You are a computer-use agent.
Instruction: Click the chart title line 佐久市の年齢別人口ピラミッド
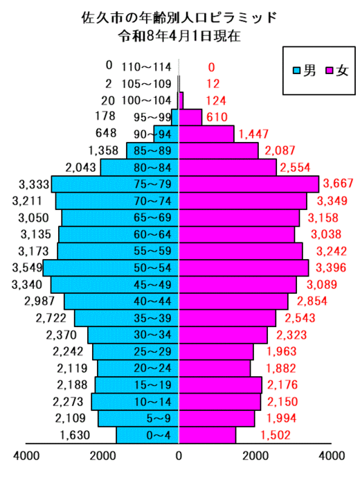[x=179, y=17]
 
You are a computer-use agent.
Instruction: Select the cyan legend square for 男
[x=296, y=70]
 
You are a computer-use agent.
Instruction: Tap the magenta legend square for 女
[x=330, y=70]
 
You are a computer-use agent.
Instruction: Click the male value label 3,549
[x=27, y=267]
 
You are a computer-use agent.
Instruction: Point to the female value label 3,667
[x=338, y=183]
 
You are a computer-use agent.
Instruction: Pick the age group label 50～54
[x=152, y=268]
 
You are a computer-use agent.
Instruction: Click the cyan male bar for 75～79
[x=116, y=184]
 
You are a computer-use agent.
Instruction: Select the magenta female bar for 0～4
[x=208, y=435]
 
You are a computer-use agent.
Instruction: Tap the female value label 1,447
[x=253, y=134]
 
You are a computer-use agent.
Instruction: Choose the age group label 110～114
[x=146, y=67]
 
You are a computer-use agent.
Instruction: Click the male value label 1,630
[x=75, y=435]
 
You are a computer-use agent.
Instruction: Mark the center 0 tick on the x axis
[x=179, y=456]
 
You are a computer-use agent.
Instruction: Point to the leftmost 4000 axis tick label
[x=26, y=456]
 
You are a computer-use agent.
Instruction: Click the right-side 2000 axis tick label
[x=255, y=456]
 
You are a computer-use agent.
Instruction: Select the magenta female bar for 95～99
[x=190, y=117]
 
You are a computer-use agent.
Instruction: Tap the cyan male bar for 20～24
[x=138, y=369]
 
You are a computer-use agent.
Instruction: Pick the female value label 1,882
[x=281, y=368]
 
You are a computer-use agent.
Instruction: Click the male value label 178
[x=105, y=116]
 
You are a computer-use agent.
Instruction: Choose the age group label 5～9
[x=159, y=418]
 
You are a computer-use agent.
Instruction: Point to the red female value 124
[x=216, y=100]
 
